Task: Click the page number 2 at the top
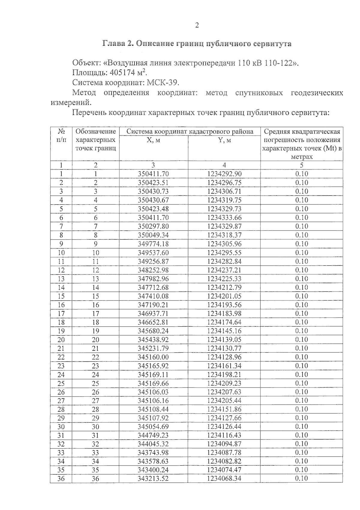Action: pos(197,25)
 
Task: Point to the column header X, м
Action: pos(153,140)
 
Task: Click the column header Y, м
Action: pos(224,140)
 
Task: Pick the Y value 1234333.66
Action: pos(224,218)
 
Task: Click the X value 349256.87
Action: pos(153,261)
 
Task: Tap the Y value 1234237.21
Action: pos(224,270)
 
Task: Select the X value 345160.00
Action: pos(153,357)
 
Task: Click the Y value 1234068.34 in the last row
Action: pos(224,478)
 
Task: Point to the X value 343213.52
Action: pos(153,478)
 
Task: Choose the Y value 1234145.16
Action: pos(224,331)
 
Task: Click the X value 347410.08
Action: pos(153,296)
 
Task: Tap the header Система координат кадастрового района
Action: pos(190,131)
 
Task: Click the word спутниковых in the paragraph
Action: pos(259,93)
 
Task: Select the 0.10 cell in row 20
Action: pos(301,339)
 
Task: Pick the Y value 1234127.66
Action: pos(224,418)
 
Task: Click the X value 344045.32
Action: pos(153,444)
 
